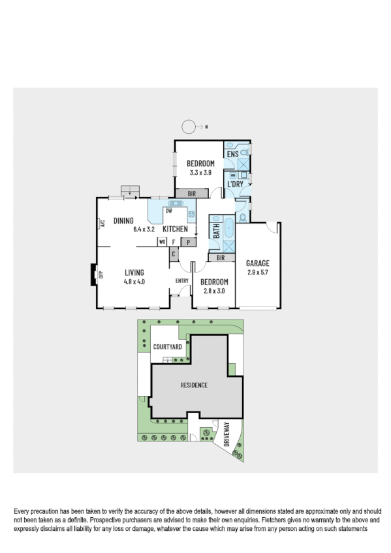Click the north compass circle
[x=189, y=127]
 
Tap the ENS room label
[x=232, y=153]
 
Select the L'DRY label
[x=235, y=184]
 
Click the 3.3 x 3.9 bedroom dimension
[x=200, y=173]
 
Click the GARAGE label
[x=258, y=263]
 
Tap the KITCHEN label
[x=175, y=229]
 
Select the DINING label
[x=123, y=220]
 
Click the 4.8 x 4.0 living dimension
[x=134, y=282]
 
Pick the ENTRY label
[x=182, y=281]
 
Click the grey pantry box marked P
[x=189, y=242]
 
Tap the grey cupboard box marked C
[x=174, y=254]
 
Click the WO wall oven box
[x=161, y=242]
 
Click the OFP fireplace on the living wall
[x=93, y=275]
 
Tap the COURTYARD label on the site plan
[x=168, y=347]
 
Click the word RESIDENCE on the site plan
[x=194, y=385]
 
